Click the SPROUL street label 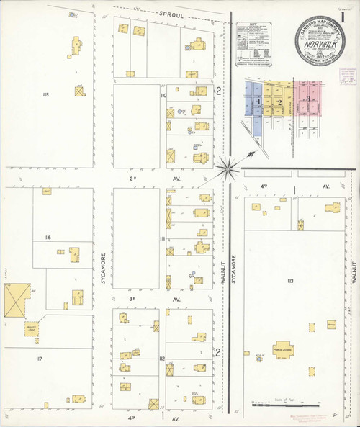tap(174, 13)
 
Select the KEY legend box tap(258, 45)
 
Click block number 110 tap(163, 96)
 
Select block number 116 tap(48, 237)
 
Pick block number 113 tap(290, 280)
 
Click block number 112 tap(163, 358)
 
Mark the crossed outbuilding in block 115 tap(78, 91)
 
